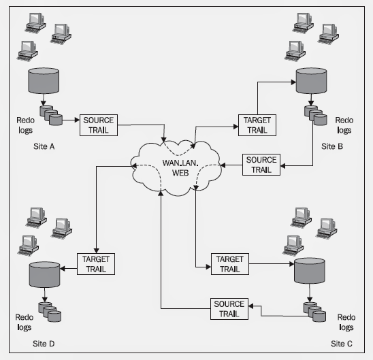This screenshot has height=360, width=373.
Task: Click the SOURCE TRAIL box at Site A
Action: [99, 125]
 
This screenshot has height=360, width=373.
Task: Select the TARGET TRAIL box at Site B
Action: [257, 125]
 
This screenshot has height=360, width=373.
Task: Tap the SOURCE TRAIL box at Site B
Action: [261, 165]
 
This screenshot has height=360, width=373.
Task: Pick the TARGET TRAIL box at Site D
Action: [96, 264]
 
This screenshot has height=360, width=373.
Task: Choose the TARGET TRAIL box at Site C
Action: [230, 264]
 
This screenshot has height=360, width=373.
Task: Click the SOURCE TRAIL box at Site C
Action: [229, 309]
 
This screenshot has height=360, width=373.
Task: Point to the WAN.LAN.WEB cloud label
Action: [180, 168]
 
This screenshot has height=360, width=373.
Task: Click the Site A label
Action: [44, 146]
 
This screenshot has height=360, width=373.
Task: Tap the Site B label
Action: [332, 146]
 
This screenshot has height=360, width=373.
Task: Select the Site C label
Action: [342, 344]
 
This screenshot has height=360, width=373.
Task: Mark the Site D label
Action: [44, 344]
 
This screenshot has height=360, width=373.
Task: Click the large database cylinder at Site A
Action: [44, 80]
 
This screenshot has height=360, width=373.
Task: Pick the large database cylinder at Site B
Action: [311, 80]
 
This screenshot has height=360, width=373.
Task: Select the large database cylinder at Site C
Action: [310, 271]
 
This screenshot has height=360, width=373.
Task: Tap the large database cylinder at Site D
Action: [44, 274]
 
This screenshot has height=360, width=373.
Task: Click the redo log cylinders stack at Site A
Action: [51, 115]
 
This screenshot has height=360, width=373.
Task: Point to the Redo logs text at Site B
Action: [344, 125]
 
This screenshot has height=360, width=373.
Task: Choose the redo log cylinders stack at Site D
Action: [50, 312]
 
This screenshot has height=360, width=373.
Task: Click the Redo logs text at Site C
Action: [346, 322]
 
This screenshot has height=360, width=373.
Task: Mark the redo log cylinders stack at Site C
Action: [314, 312]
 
